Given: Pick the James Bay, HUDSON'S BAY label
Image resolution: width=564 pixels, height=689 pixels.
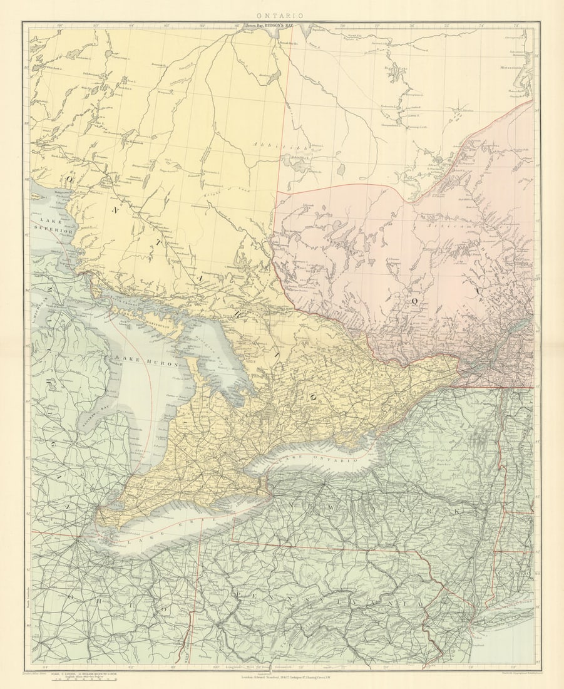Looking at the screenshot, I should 269,27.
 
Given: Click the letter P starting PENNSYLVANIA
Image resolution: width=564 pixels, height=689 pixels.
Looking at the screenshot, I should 238,592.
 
